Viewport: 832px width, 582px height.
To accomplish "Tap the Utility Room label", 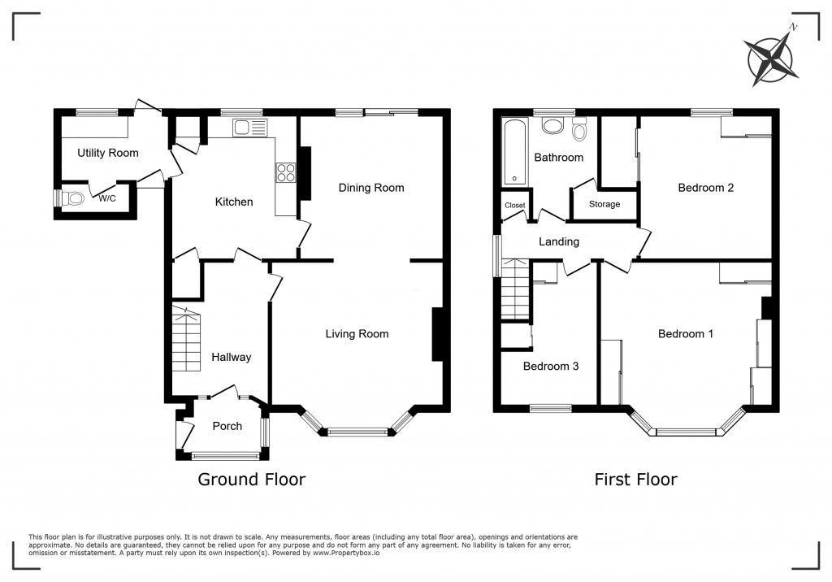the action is tap(108, 153).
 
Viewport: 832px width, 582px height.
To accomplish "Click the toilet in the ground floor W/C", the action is tap(71, 198).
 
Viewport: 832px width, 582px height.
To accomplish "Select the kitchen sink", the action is tap(250, 128).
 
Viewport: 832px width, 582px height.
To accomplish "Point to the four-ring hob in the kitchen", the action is tap(285, 172).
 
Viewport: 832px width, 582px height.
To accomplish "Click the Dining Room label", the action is tap(371, 188).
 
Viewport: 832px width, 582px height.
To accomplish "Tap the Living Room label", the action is tap(357, 334).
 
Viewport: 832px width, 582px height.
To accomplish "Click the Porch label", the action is tap(227, 426).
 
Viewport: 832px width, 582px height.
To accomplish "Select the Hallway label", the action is tap(232, 357).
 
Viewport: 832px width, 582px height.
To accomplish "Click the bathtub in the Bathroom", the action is tap(514, 152).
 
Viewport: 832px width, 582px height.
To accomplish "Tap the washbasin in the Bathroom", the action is tap(552, 126).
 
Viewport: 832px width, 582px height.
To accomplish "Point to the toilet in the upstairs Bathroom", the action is tap(579, 129).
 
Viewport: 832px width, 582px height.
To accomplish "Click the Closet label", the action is tap(514, 205).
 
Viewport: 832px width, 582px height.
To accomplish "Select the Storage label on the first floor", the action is tap(604, 204).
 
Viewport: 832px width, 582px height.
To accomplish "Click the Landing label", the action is tap(559, 241).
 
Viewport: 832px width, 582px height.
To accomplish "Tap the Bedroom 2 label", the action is tap(706, 188).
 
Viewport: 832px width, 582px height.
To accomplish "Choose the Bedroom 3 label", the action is tap(551, 366).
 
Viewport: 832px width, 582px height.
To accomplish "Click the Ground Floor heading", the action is tap(252, 480).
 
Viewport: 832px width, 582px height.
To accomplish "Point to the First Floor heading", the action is tap(635, 480).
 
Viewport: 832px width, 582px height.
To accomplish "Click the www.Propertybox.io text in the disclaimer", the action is tap(346, 553).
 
